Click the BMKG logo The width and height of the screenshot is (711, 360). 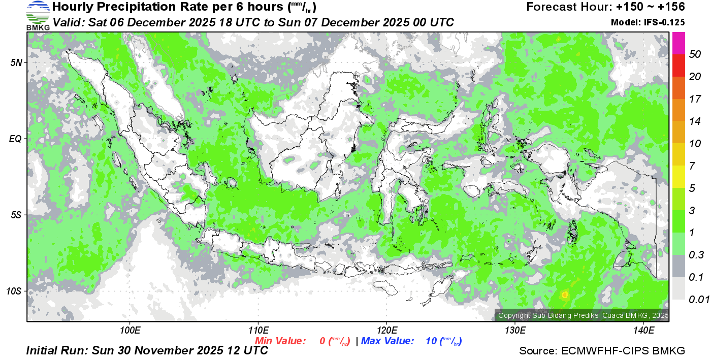38,15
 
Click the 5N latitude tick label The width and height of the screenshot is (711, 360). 16,62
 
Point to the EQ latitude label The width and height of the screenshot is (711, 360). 16,139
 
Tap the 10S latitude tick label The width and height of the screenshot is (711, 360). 14,291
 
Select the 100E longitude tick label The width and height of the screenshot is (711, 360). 130,331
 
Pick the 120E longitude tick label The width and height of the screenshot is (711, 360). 386,331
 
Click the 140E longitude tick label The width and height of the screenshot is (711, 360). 643,331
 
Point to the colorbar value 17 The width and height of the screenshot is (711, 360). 695,99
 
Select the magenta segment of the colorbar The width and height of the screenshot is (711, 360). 679,43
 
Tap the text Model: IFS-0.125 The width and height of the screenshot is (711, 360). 648,22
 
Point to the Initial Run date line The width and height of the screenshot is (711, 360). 147,351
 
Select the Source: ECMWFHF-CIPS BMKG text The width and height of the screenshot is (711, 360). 602,351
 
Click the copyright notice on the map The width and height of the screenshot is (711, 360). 583,315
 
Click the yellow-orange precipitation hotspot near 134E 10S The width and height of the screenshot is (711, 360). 565,294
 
